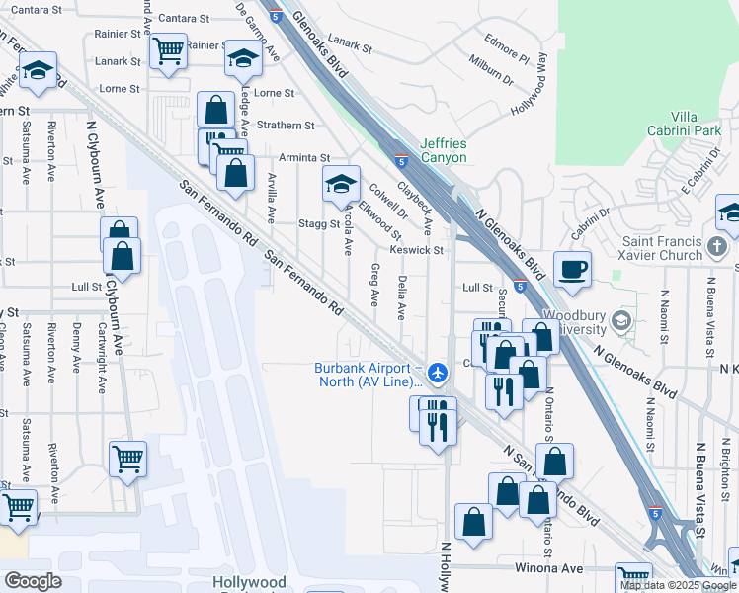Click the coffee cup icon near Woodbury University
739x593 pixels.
572,268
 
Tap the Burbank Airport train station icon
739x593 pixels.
439,373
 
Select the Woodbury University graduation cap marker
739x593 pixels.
621,320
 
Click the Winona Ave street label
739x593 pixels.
545,568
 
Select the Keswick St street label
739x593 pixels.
415,250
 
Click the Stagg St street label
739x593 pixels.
319,224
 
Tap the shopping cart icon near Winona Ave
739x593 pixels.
633,577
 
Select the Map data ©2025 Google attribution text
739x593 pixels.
679,585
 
